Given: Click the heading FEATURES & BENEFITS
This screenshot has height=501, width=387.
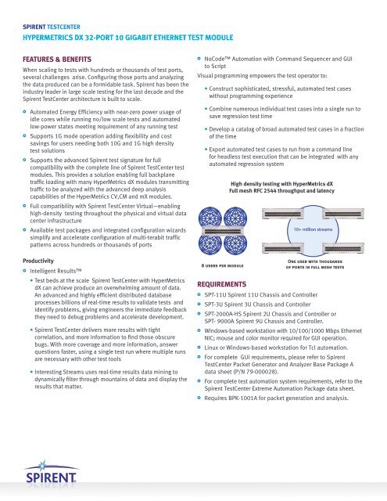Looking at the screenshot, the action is (57, 59).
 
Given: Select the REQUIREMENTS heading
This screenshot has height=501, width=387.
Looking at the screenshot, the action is (222, 284).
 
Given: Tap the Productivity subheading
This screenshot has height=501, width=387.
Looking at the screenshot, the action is (38, 261).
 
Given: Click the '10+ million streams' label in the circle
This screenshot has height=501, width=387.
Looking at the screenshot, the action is (313, 229).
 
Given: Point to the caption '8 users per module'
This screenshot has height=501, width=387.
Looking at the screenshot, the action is (222, 265).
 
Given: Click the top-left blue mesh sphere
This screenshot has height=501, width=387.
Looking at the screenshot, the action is (210, 217).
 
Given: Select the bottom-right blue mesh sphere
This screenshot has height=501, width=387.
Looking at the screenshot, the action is (235, 244).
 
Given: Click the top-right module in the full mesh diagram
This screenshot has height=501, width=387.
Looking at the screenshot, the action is (344, 214).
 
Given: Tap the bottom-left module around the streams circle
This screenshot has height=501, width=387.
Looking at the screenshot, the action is (283, 248).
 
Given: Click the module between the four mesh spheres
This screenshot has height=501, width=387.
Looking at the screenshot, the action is (222, 231).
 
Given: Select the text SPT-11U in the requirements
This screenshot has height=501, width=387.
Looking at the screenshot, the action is (213, 295).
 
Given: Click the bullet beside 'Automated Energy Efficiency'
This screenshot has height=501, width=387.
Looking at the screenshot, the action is (24, 112).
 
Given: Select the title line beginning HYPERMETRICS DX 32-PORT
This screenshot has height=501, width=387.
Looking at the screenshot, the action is (128, 38).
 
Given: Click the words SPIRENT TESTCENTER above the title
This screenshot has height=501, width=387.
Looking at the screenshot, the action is (52, 27).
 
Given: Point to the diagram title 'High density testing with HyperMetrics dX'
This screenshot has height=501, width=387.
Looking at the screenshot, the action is (281, 184).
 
